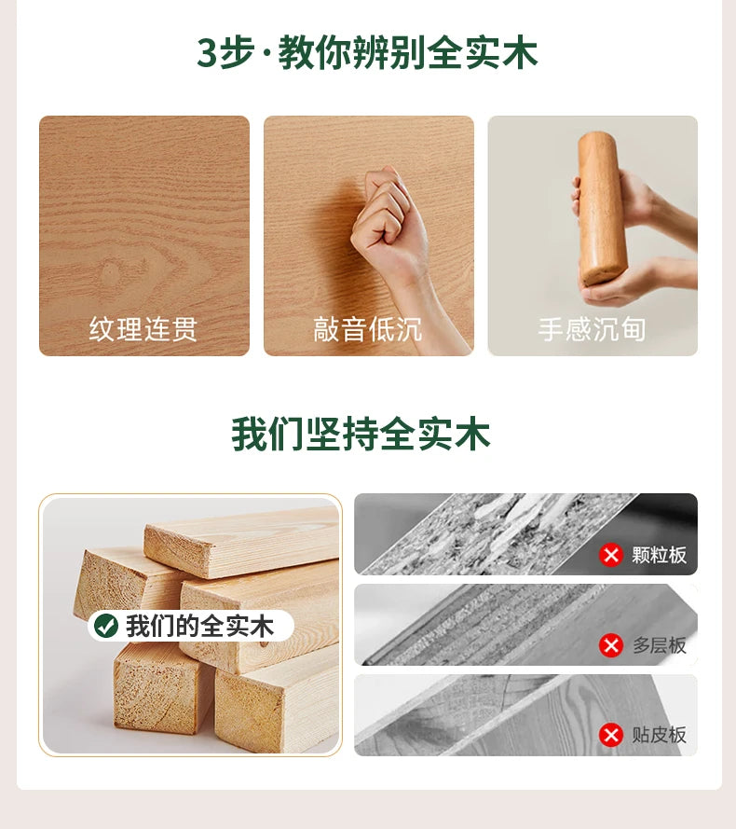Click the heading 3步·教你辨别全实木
click(367, 52)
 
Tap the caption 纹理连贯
click(143, 329)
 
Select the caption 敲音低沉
click(368, 329)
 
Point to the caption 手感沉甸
click(592, 329)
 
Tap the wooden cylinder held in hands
click(600, 208)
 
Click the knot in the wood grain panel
click(111, 270)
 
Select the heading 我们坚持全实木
click(361, 434)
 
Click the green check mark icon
click(105, 626)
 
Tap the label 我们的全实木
click(199, 626)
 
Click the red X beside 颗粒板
click(611, 555)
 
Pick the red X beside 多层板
click(611, 645)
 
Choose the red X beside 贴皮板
click(611, 736)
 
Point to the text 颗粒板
click(659, 555)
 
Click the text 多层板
click(659, 645)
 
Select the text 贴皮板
click(659, 736)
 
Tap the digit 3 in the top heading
click(207, 53)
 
